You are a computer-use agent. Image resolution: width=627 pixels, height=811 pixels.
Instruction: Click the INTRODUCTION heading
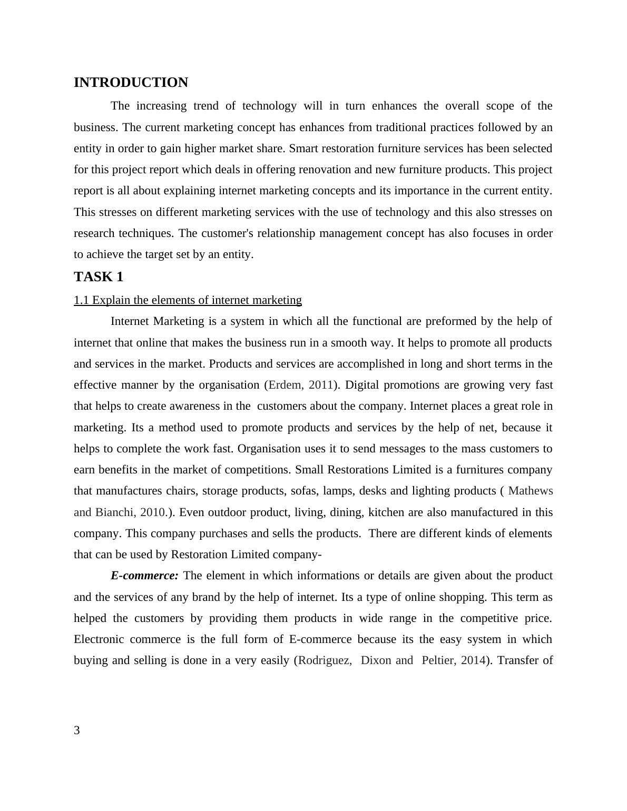131,83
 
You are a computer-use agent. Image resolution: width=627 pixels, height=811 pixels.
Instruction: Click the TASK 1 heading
99,277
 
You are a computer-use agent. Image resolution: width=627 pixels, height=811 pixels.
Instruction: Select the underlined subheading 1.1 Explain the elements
188,300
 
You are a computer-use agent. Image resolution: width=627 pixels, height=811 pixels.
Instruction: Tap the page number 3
77,730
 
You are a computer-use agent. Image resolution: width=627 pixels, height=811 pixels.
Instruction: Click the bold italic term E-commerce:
144,576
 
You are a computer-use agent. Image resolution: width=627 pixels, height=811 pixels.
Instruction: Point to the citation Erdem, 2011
301,385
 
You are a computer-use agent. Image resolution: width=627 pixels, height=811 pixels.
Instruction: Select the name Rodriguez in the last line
325,660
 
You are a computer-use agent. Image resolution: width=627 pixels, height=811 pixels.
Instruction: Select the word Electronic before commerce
99,639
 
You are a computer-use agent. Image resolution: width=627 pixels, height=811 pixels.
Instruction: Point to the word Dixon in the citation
376,660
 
